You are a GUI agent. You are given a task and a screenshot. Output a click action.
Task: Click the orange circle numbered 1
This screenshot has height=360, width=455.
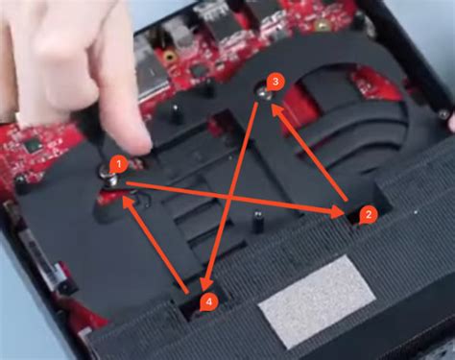(x=117, y=164)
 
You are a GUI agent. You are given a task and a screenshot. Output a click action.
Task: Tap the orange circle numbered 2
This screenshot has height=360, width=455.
(x=367, y=215)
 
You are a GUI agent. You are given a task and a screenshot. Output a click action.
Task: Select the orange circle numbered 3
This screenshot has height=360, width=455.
(x=275, y=83)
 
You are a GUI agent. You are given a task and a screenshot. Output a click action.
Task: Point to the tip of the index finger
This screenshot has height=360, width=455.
(x=133, y=144)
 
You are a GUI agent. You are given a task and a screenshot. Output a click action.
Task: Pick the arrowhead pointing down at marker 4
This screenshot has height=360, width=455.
(x=208, y=285)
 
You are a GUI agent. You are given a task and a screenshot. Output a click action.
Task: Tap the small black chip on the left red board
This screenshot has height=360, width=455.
(x=32, y=145)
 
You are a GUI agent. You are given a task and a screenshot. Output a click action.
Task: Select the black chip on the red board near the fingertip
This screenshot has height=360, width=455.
(x=199, y=70)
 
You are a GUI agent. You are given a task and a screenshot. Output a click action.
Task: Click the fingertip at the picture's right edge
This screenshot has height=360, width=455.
(x=449, y=122)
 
